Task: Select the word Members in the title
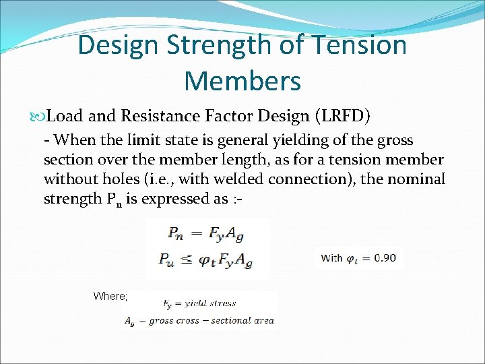[242, 81]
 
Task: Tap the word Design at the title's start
[119, 46]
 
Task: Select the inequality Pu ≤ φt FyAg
[208, 259]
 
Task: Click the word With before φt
[332, 257]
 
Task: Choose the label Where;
[110, 295]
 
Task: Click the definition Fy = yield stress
[199, 304]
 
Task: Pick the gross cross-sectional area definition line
[199, 321]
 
